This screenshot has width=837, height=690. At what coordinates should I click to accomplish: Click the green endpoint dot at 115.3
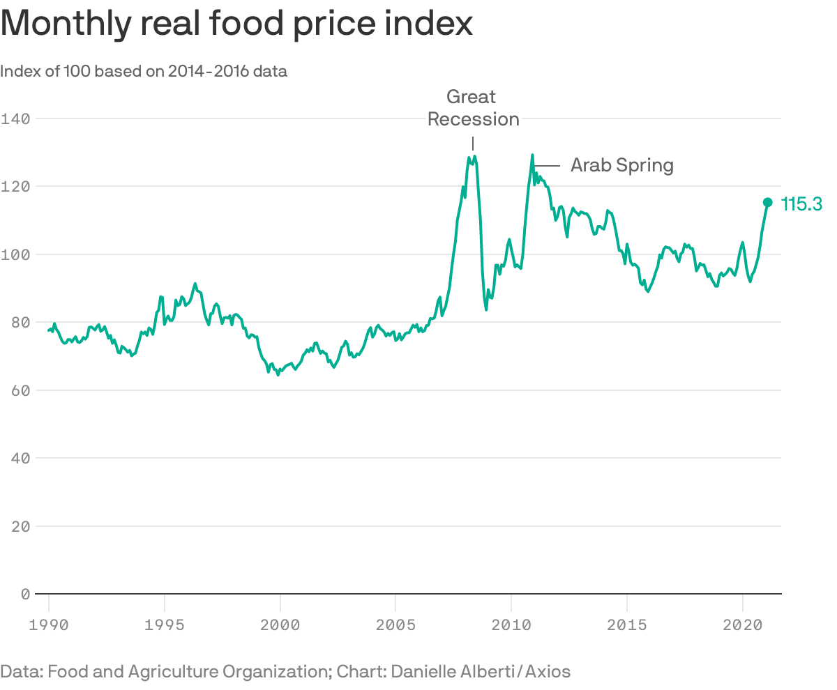coord(767,202)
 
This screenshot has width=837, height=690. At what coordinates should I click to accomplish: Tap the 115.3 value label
coord(801,204)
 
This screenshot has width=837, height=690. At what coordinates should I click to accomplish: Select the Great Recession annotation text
coord(473,108)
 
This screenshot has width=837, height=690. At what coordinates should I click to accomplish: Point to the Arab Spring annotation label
coord(621,165)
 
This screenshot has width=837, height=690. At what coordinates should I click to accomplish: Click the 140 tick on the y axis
coord(15,118)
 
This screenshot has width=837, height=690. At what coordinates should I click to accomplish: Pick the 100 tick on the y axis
coord(15,254)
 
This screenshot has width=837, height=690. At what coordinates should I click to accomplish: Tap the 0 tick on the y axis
coord(24,594)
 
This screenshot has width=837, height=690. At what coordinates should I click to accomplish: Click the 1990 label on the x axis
coord(49,624)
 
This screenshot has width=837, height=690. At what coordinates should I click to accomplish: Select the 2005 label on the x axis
coord(395,624)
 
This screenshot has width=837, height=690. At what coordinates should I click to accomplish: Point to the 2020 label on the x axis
coord(742,624)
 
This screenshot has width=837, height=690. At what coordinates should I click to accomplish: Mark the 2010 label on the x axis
coord(511,624)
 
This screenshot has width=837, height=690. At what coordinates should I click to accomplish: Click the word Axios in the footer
coord(548,672)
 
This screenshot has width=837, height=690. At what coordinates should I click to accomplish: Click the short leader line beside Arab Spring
coord(548,165)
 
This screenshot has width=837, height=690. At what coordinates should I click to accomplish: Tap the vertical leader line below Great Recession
coord(473,143)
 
